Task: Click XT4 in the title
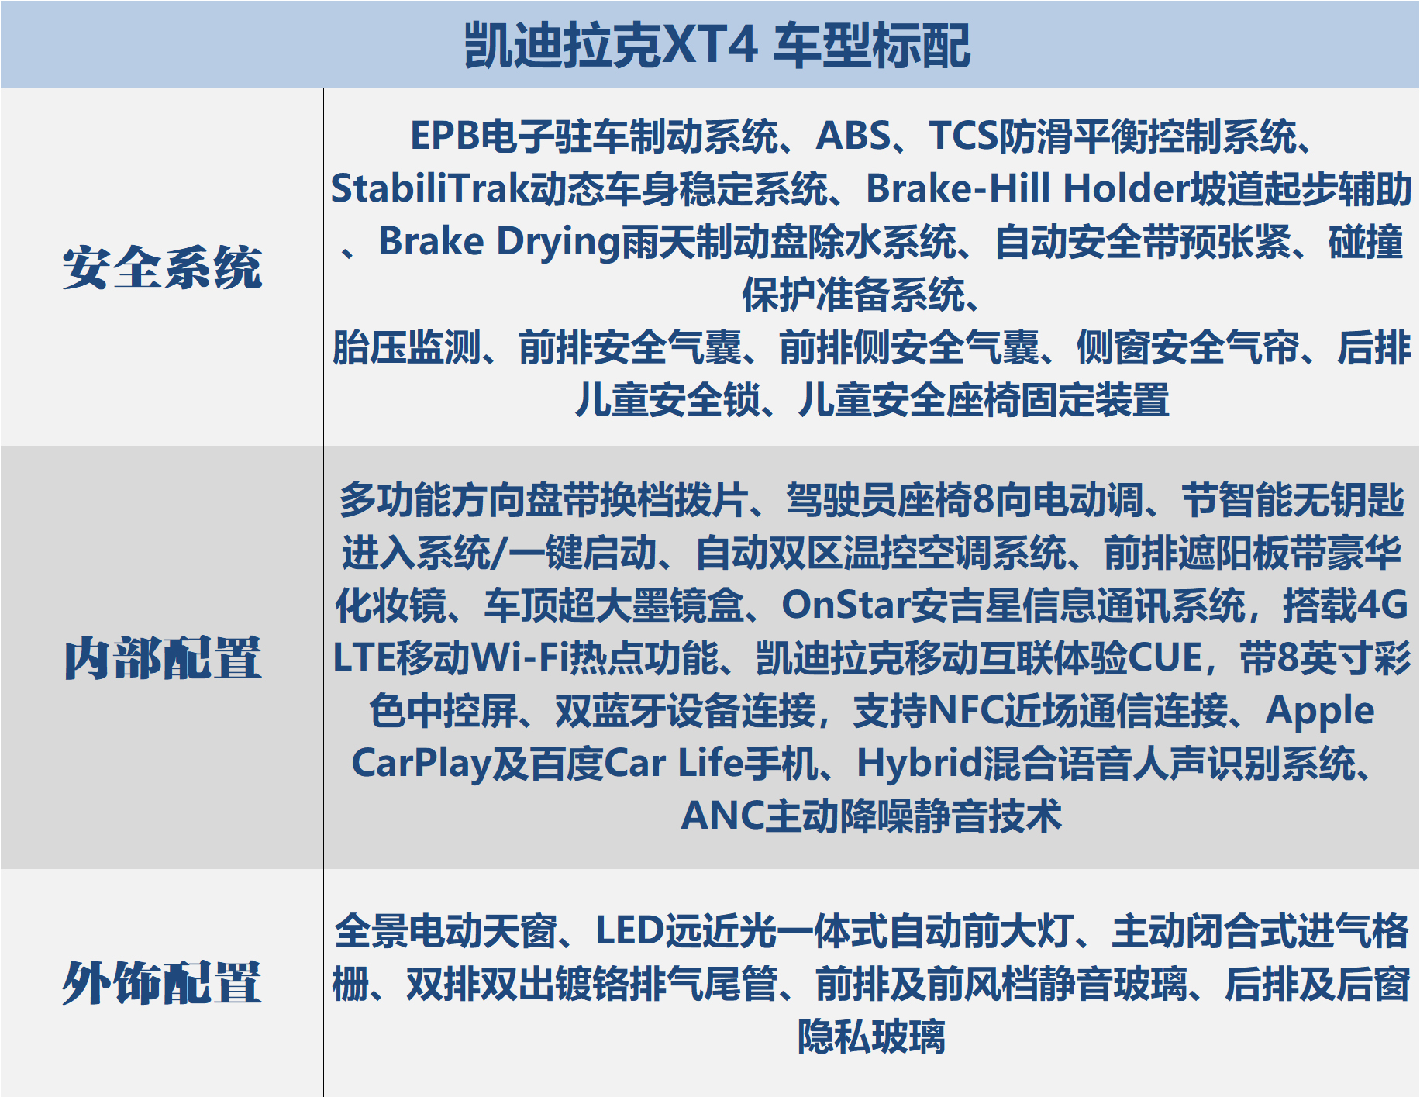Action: click(x=708, y=45)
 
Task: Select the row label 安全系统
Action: click(x=162, y=267)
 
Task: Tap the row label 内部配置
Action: click(x=162, y=658)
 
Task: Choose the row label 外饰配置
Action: click(x=162, y=982)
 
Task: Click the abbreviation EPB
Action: click(x=445, y=136)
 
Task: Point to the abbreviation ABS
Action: click(x=853, y=136)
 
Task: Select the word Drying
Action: click(x=559, y=243)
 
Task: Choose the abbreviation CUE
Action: click(x=1164, y=658)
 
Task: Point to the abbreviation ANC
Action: click(x=722, y=816)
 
